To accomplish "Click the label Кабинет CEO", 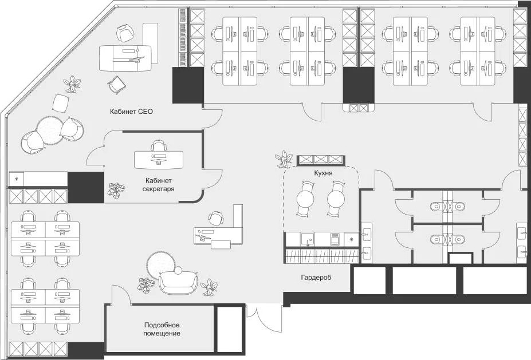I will coord(132,112).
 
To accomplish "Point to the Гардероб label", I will coord(316,278).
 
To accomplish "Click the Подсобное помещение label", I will coord(162,329).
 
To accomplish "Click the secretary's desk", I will coord(159,159).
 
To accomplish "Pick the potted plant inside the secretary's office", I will coord(117,190).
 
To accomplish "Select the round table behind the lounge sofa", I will coord(160,264).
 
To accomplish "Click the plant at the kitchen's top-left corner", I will coord(282,158).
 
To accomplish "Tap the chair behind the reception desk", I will coord(216,218).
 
